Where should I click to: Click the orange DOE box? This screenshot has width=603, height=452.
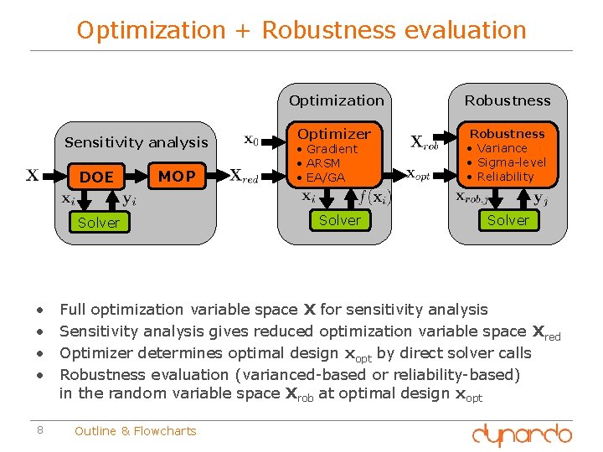click(96, 177)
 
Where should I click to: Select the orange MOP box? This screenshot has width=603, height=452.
click(177, 176)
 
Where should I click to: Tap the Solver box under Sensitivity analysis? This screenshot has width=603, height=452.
click(99, 223)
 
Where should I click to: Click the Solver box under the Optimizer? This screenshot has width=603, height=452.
click(340, 220)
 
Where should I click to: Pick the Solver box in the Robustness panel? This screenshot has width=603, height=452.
click(508, 220)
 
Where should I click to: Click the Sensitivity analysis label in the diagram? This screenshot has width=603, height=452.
click(137, 142)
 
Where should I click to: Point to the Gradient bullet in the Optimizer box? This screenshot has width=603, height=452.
click(332, 149)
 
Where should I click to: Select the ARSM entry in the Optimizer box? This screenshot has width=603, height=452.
click(322, 163)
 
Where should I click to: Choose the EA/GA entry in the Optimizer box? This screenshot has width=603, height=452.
click(325, 177)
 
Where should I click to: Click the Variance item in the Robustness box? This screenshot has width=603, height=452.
click(502, 148)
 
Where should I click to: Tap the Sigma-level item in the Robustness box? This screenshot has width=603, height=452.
click(511, 162)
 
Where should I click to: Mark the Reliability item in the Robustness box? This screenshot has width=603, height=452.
click(505, 177)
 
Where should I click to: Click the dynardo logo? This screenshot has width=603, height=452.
click(522, 434)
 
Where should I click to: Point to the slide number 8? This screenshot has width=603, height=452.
click(40, 431)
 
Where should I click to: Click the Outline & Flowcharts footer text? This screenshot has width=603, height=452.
click(135, 431)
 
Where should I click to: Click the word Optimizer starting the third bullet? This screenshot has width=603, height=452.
click(95, 353)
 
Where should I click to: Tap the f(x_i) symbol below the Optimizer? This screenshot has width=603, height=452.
click(374, 198)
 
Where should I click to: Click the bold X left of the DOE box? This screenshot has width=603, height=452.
click(32, 175)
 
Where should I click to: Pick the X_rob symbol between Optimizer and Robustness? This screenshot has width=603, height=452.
click(424, 142)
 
